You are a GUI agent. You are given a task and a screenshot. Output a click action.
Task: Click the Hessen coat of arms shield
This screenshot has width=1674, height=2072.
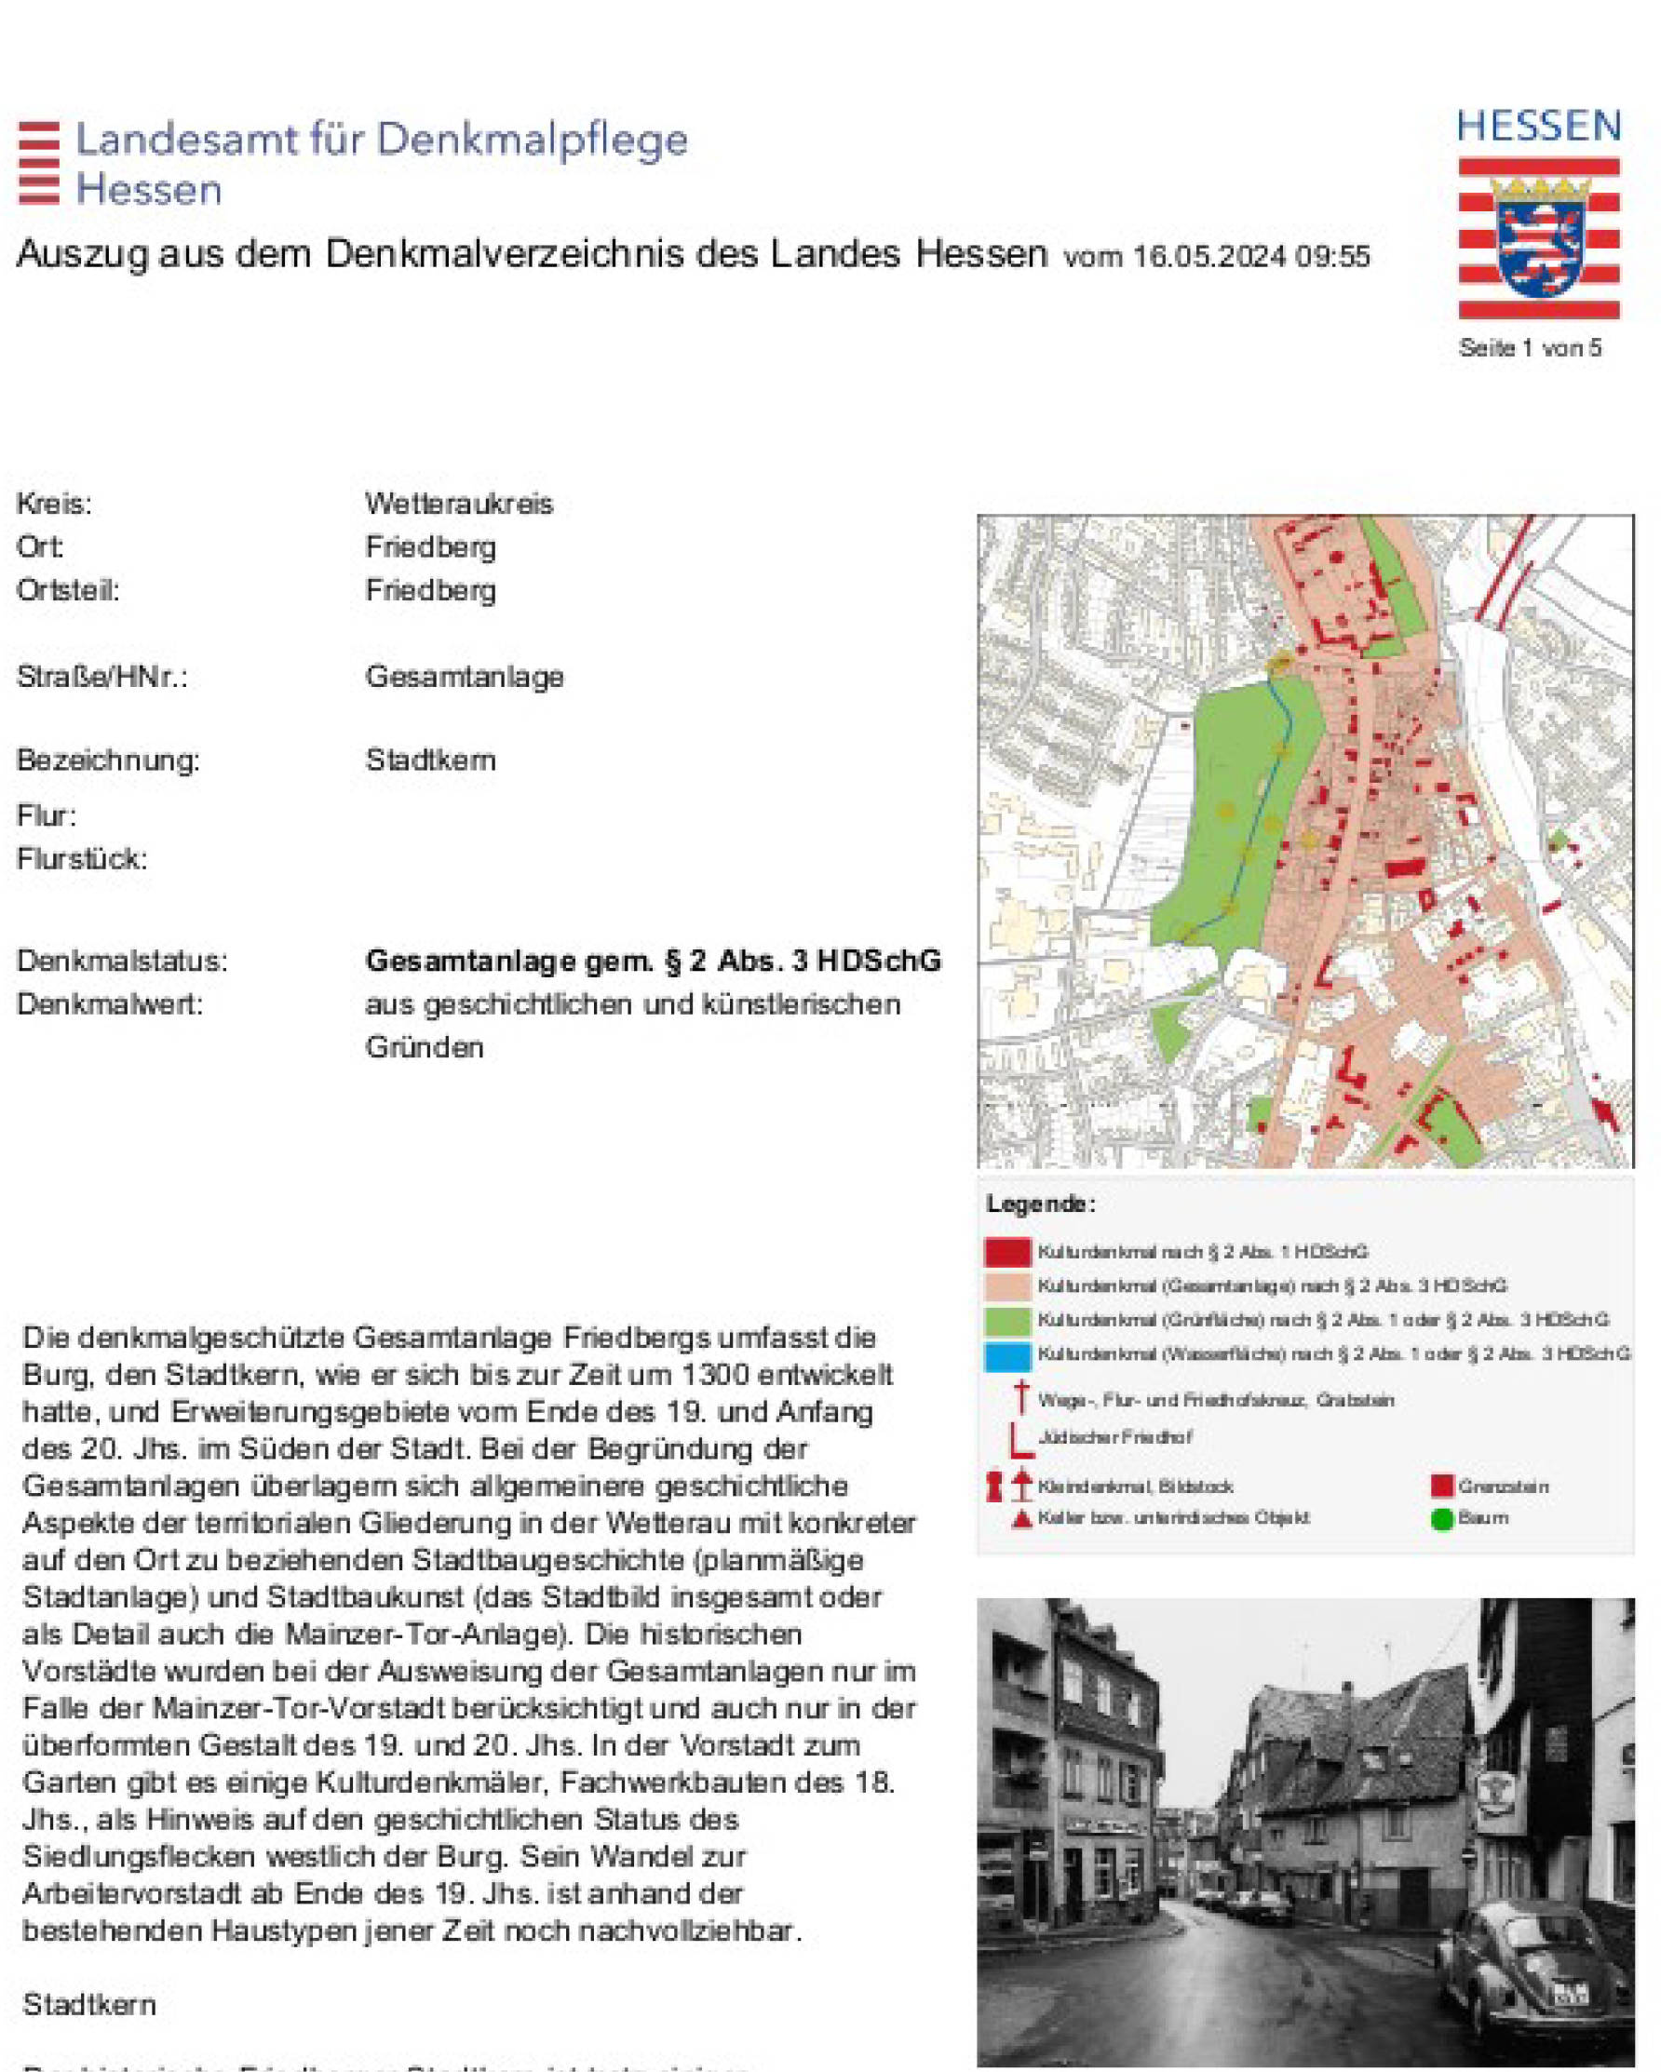1539,237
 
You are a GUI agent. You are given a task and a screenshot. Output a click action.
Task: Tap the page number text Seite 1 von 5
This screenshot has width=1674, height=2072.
1530,348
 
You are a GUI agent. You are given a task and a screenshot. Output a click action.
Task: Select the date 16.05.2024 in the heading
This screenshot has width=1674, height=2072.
1208,257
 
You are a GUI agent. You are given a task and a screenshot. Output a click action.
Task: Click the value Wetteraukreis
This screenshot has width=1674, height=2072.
459,504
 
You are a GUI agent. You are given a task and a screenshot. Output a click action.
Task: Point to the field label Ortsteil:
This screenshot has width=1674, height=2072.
67,590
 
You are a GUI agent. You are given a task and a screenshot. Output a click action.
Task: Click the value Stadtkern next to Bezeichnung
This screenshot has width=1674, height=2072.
430,760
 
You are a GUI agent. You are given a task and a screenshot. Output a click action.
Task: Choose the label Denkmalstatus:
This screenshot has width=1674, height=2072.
121,961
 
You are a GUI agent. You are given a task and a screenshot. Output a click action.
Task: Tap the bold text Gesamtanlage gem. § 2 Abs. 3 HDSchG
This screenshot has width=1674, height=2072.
653,961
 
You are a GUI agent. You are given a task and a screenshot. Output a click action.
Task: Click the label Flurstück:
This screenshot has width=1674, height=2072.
82,858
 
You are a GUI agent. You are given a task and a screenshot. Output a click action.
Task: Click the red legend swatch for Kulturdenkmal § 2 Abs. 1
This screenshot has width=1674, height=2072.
1006,1252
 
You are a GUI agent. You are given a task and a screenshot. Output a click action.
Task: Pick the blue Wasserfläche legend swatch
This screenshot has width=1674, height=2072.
1006,1354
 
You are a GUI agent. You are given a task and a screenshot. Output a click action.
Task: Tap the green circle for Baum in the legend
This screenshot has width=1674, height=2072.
1441,1519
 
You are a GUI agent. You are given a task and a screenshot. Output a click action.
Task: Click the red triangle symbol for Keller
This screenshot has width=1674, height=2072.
1021,1518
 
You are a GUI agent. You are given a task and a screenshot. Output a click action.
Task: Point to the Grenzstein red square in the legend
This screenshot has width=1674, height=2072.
1441,1486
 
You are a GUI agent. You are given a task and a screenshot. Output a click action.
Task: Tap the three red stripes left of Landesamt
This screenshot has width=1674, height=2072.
38,163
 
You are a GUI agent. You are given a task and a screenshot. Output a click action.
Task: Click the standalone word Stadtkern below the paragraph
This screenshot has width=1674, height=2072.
88,2004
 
